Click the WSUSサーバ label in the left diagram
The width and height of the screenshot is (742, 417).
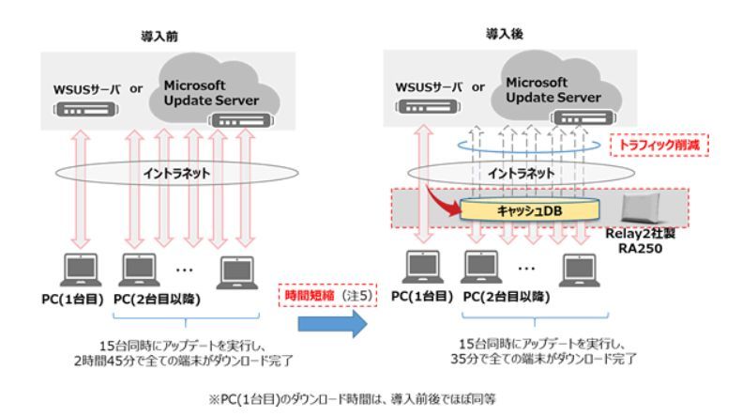83,90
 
